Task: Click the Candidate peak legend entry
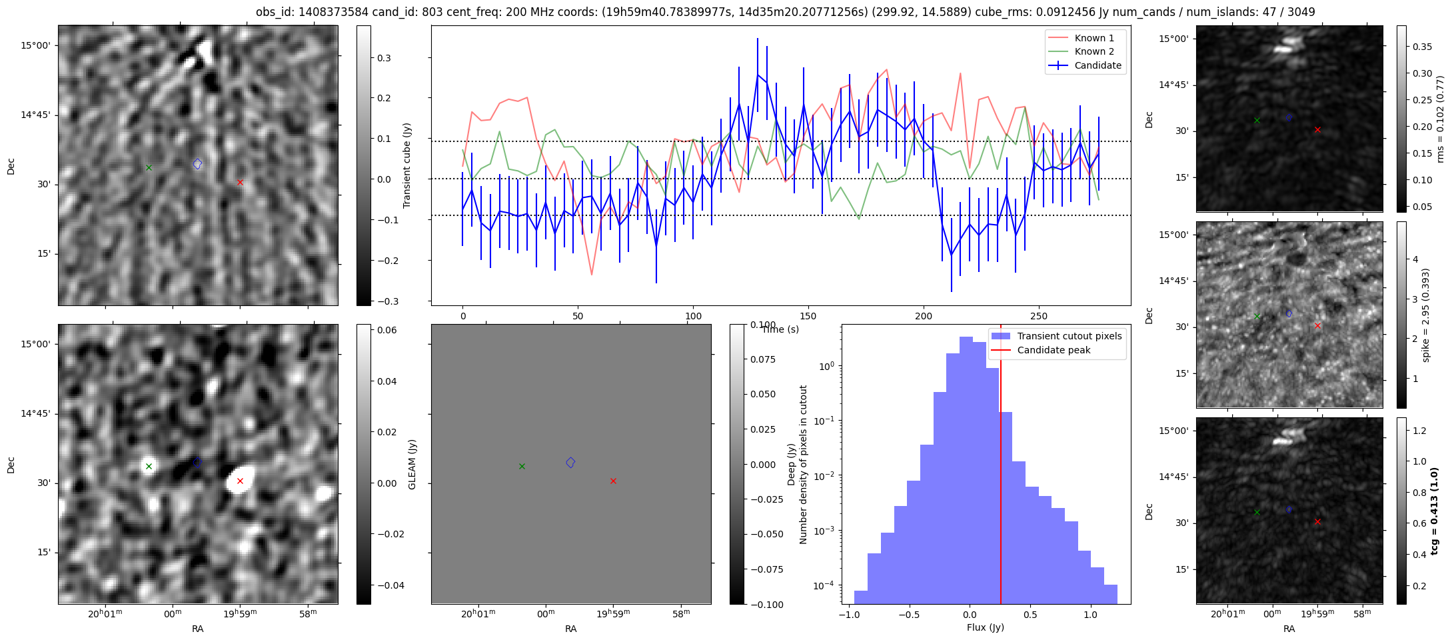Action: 1054,350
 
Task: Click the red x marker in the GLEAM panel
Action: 613,481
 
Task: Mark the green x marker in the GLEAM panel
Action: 522,466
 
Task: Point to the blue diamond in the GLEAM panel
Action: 570,463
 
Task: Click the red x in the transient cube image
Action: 240,182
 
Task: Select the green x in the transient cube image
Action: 149,167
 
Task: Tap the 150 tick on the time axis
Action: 808,316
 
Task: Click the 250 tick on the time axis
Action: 1039,316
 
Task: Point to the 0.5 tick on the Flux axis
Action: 1030,614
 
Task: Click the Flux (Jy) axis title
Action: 985,627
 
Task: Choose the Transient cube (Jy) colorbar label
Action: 407,165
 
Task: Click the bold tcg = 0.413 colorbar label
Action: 1435,510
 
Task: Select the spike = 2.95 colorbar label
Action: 1425,315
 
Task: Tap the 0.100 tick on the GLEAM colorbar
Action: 754,325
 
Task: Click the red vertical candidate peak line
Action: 1001,467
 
